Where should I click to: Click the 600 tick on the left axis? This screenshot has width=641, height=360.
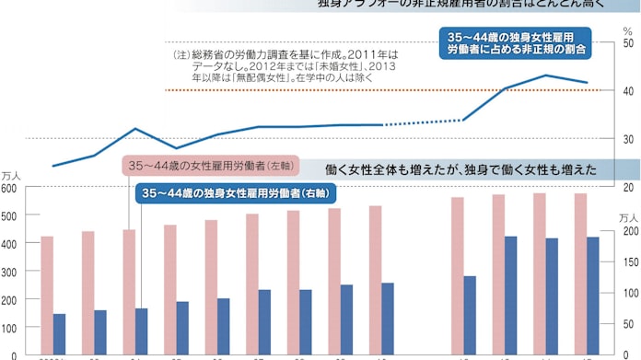tap(9, 187)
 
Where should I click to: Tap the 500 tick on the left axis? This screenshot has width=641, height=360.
tap(9, 215)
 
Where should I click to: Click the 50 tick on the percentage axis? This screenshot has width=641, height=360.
tap(628, 43)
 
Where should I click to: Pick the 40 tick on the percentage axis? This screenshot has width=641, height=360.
tap(628, 91)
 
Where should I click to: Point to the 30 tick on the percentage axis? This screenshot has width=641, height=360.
tap(628, 139)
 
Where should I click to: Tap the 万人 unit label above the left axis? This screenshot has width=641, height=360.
tap(10, 173)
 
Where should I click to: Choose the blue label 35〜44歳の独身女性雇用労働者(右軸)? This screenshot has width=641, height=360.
tap(236, 193)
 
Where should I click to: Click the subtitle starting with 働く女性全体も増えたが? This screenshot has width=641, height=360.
tap(460, 169)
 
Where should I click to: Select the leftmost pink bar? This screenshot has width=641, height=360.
tap(46, 295)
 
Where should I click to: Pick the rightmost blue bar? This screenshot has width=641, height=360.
tap(594, 296)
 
